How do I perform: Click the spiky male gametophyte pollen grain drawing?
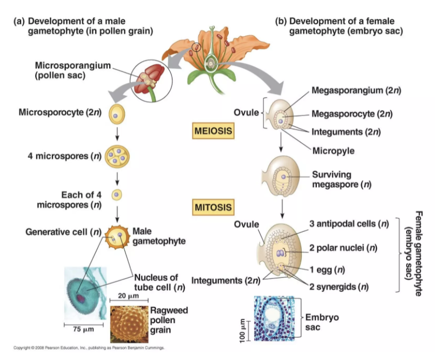coord(117,236)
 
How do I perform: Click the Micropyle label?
coord(333,151)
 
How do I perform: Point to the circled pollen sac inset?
coord(148,81)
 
